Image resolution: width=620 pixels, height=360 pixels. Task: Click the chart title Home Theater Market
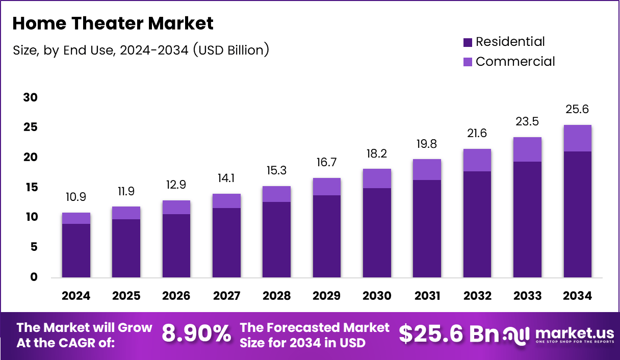(x=113, y=23)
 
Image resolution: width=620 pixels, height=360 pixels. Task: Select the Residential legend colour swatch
(x=468, y=42)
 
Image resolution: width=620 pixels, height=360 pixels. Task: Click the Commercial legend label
(x=515, y=62)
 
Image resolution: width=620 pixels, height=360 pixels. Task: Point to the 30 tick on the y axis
(x=31, y=97)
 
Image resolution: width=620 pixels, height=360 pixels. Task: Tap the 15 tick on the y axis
(x=31, y=188)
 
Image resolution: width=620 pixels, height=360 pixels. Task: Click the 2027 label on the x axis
(x=226, y=296)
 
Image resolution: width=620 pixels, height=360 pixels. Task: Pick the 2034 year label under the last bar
(x=578, y=296)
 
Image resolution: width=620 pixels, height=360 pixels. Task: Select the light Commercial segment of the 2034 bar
(x=578, y=138)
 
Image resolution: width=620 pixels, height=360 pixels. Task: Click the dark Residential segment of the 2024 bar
(x=76, y=251)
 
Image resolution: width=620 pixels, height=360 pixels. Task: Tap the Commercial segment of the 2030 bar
(x=377, y=178)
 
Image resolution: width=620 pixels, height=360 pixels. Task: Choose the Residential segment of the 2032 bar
(x=477, y=224)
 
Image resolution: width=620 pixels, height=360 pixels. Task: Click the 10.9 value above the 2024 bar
(x=76, y=196)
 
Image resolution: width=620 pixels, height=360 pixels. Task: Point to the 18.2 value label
(x=377, y=153)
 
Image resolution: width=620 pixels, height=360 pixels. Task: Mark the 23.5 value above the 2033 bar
(x=527, y=121)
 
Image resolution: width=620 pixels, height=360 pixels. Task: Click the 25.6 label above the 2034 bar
(x=578, y=109)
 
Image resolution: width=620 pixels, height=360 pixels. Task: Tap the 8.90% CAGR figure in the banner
(x=196, y=335)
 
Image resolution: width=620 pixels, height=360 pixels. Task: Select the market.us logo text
(x=574, y=333)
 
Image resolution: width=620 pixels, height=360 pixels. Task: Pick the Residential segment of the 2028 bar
(x=276, y=240)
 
